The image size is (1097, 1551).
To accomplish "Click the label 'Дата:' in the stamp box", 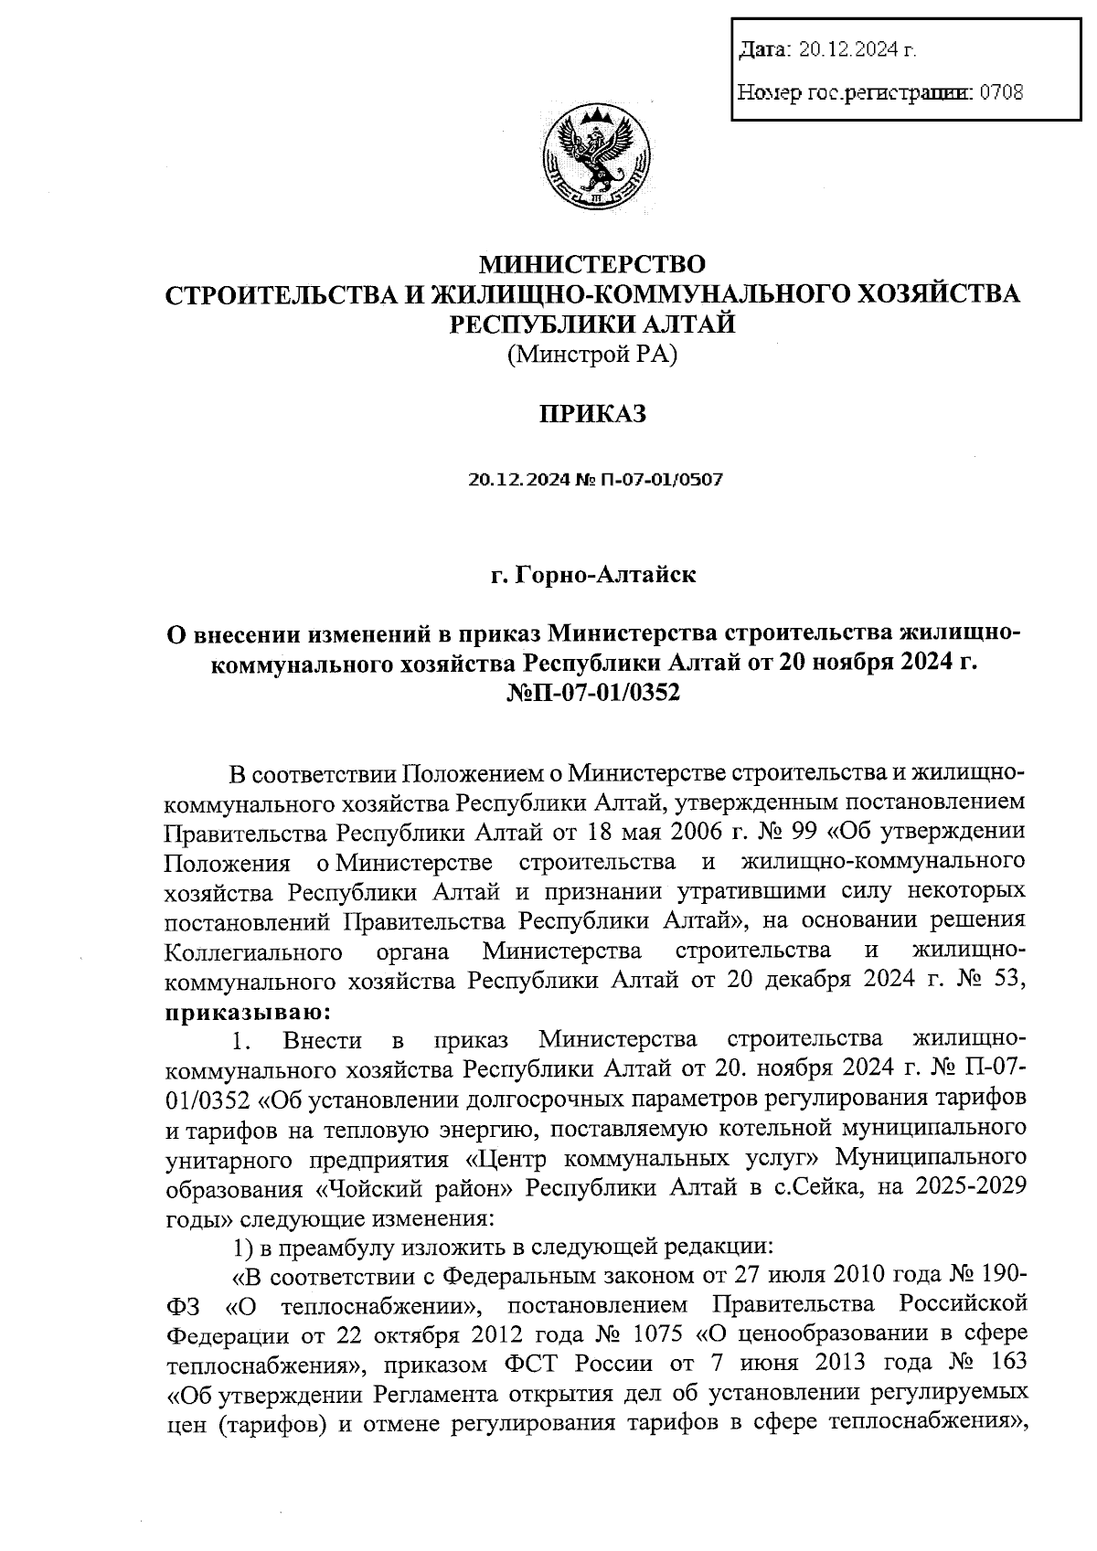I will pos(765,50).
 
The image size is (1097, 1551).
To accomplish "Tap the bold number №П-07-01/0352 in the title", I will pos(593,692).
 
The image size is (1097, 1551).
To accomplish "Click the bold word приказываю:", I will pos(242,1012).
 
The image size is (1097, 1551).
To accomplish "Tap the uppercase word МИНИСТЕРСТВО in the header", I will pos(593,265).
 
